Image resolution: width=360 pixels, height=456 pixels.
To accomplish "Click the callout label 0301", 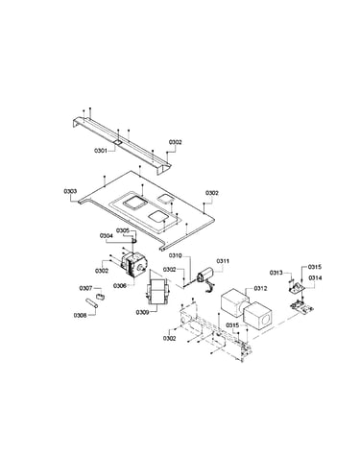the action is coord(101,150).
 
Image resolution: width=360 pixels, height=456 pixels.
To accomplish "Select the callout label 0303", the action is coord(70,191).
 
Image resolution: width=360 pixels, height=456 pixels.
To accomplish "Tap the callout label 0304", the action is coord(107,236).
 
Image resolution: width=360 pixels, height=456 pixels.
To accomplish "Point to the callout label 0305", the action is coord(123,230).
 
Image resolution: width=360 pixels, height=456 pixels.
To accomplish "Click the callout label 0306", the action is coord(120,286).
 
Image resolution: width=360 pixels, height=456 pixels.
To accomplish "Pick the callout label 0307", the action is coord(86,288).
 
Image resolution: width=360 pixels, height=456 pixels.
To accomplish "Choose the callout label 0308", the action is coord(81,315).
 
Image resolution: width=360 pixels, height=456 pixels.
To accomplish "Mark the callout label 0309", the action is coord(142,312).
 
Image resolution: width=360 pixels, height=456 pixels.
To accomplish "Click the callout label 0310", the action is coord(176,255).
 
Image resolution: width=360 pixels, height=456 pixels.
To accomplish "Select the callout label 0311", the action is coord(223,261).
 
